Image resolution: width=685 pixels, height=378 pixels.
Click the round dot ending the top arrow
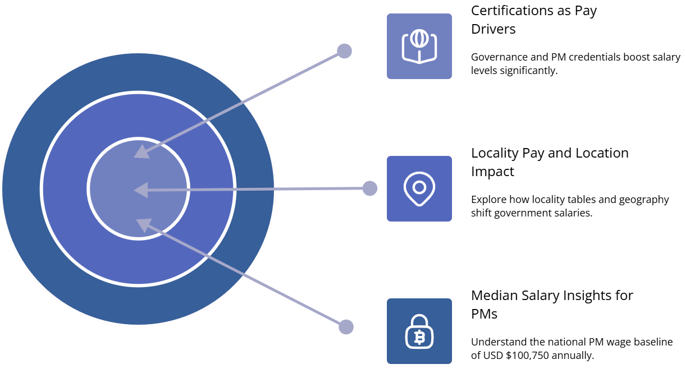coord(344,51)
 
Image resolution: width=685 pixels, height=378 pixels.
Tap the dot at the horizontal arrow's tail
coord(369,188)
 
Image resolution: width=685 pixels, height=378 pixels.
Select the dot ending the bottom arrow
coord(346,326)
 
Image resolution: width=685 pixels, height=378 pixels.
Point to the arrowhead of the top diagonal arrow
coord(141,152)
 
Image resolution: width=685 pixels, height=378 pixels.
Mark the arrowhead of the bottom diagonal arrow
coord(143,224)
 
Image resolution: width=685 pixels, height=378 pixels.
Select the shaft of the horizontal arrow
coord(253,189)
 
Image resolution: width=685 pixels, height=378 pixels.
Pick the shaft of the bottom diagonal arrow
coord(241,274)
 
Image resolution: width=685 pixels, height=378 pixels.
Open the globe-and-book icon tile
coord(419,46)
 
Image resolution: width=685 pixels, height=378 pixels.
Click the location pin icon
coord(419,188)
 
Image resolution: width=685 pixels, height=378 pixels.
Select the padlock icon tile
coord(419,331)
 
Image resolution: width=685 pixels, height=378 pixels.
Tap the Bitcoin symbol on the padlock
coord(419,337)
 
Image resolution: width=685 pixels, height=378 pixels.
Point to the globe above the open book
coord(419,38)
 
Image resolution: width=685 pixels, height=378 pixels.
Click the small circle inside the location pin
coord(419,187)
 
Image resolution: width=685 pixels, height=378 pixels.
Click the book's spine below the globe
coord(419,56)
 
